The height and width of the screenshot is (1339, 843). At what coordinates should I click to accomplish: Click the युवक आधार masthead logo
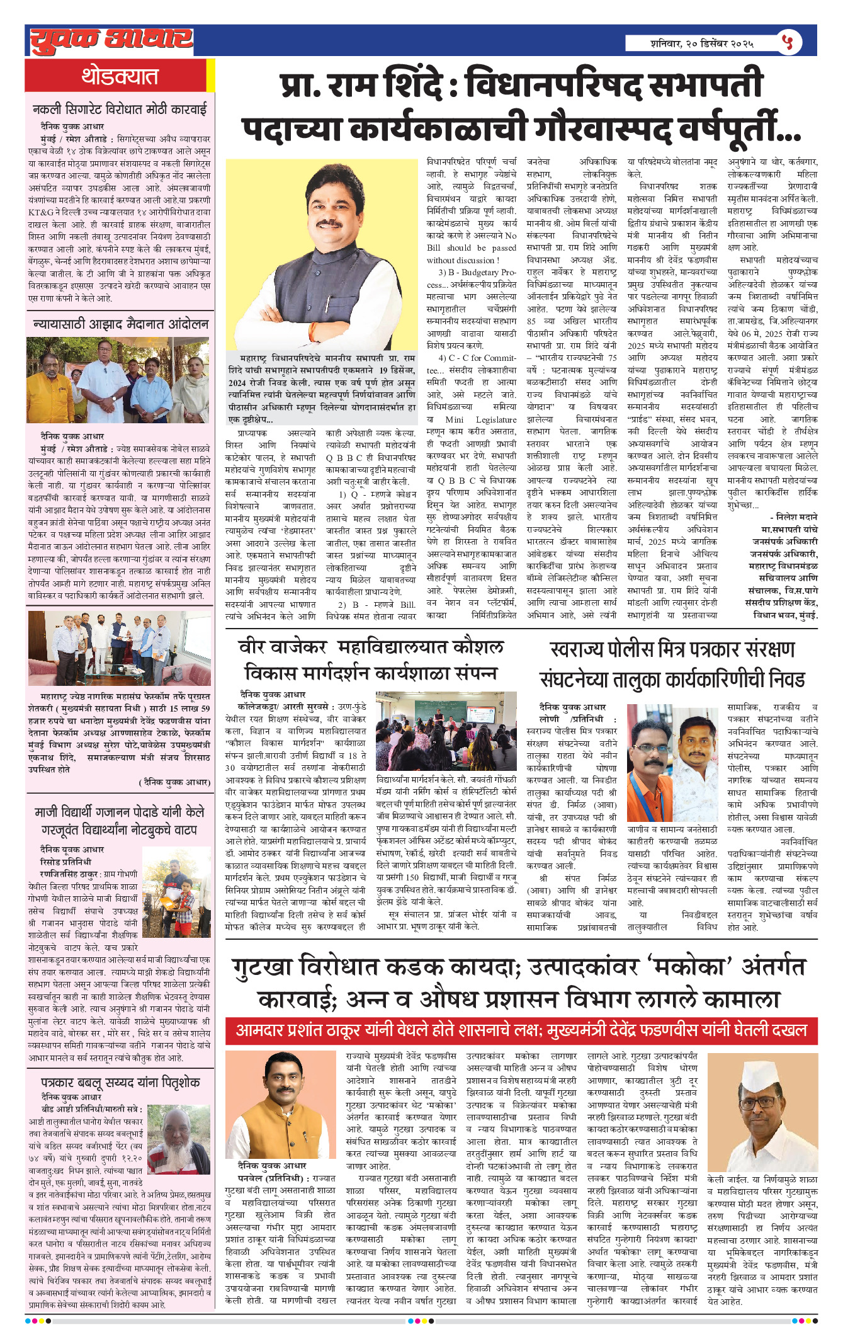point(111,40)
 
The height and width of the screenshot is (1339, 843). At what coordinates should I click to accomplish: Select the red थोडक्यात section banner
point(119,76)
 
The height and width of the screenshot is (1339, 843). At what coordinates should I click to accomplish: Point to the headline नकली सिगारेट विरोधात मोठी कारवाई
point(120,110)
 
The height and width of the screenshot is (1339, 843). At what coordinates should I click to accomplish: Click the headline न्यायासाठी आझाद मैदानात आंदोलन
point(120,324)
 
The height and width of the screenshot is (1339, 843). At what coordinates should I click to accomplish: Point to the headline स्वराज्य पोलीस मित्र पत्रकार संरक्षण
point(672,649)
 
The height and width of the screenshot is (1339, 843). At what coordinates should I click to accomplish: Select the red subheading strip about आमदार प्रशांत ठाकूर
point(521,1030)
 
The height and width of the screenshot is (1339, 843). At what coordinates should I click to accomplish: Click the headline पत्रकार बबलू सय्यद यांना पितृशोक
point(120,1082)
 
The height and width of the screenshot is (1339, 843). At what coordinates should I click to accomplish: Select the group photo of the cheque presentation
point(120,648)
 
